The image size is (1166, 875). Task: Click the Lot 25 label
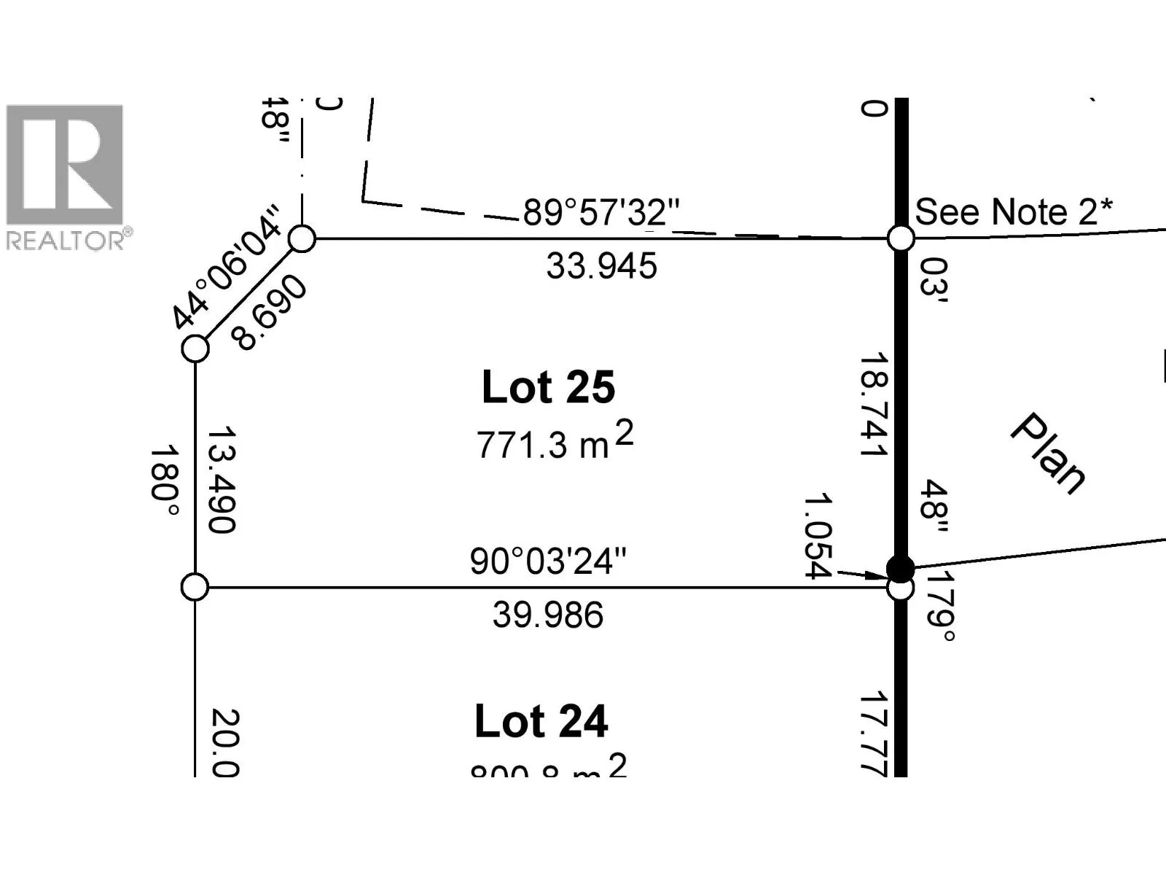coord(548,387)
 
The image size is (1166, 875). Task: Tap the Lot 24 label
coord(541,722)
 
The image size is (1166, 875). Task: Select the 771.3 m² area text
coord(555,442)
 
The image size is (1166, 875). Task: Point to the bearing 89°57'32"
coord(601,212)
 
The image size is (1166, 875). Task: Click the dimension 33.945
coord(601,266)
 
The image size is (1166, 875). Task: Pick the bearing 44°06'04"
coord(225,268)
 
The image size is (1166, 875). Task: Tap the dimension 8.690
coord(269,314)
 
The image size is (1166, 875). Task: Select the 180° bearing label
coord(164,482)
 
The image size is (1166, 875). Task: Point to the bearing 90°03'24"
coord(548,561)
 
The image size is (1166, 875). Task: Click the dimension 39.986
coord(548,615)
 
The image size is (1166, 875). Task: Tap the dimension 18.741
coord(873,405)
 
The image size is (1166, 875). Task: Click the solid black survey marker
coord(901,567)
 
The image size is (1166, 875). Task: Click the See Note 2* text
coord(1014,212)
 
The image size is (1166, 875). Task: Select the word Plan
coord(1049,454)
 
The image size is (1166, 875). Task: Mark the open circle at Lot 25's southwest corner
coord(195,587)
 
